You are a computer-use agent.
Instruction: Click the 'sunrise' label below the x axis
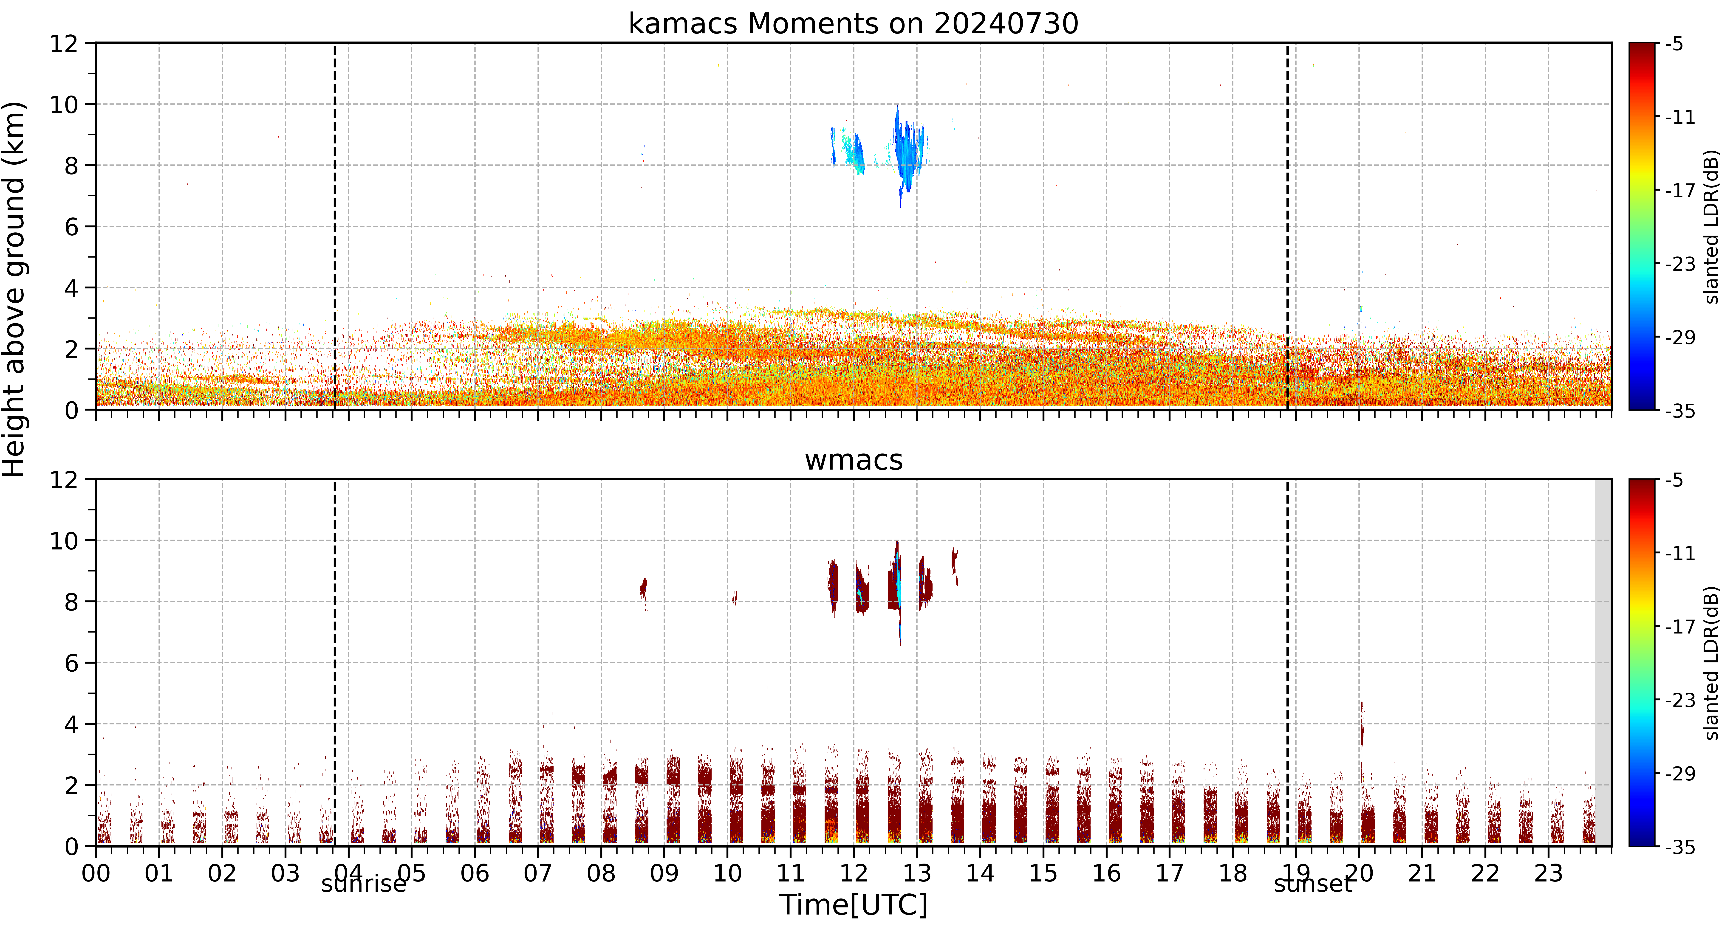pos(364,884)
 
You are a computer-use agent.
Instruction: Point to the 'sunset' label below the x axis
pos(1312,884)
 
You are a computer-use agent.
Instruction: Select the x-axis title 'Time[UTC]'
pos(853,905)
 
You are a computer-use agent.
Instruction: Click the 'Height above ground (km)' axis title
pos(14,289)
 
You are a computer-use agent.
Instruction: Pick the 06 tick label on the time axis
pos(475,873)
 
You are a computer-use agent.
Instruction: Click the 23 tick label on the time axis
pos(1548,873)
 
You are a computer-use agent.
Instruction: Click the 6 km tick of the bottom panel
pos(71,663)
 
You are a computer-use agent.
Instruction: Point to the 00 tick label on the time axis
pos(96,873)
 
